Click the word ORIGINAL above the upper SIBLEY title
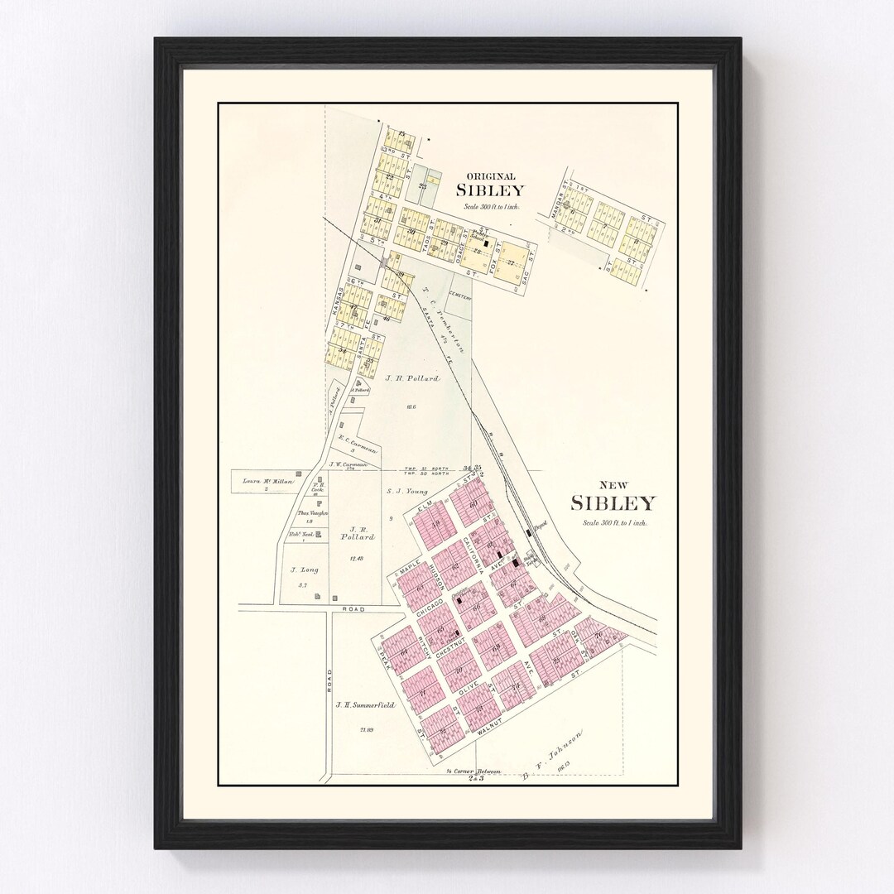pyautogui.click(x=491, y=175)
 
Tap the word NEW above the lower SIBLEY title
pyautogui.click(x=611, y=486)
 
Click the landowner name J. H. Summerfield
pyautogui.click(x=364, y=706)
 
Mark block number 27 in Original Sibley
pyautogui.click(x=512, y=262)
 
